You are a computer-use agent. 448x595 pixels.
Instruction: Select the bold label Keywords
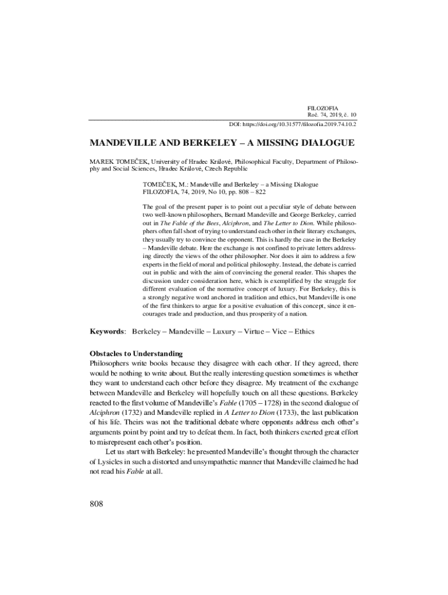(107, 331)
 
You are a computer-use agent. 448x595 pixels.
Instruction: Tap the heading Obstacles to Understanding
(136, 353)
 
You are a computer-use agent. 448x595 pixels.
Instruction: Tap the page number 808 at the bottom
(96, 503)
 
